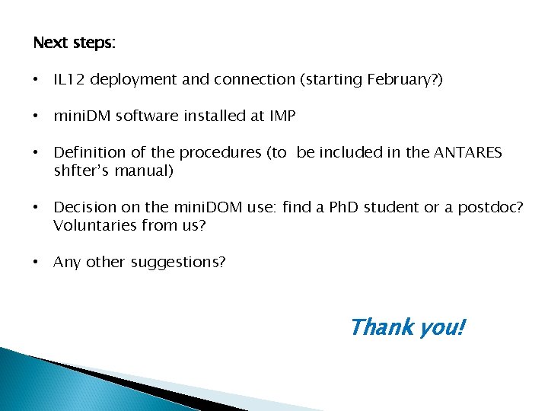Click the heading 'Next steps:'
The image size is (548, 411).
(x=74, y=43)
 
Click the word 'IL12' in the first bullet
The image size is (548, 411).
(x=68, y=79)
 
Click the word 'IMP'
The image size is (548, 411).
(x=282, y=116)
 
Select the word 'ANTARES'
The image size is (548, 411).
(x=467, y=152)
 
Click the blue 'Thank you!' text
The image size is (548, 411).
(x=407, y=327)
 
